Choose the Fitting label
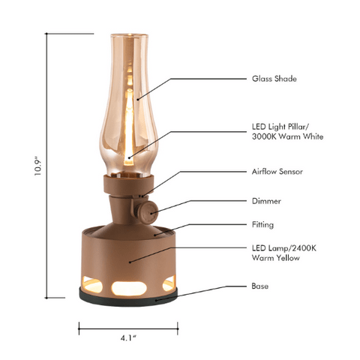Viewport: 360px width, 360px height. pos(262,223)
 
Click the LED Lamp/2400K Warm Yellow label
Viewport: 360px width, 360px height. pos(277,253)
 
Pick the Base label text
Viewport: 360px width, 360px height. pos(259,286)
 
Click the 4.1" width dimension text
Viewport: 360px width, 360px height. pos(128,337)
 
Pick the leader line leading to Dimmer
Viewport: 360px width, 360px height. pos(202,202)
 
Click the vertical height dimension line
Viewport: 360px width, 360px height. pos(48,165)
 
